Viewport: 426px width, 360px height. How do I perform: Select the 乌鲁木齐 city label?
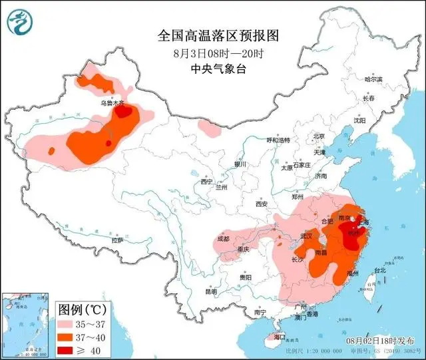pyautogui.click(x=112, y=103)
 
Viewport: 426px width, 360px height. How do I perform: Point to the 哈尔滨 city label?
pyautogui.click(x=373, y=79)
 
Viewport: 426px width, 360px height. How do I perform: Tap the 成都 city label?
pyautogui.click(x=223, y=238)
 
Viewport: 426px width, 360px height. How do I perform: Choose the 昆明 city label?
pyautogui.click(x=211, y=291)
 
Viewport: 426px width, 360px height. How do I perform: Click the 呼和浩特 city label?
pyautogui.click(x=278, y=140)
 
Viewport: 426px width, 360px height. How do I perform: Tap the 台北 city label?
pyautogui.click(x=379, y=271)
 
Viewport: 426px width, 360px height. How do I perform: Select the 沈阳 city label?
pyautogui.click(x=378, y=121)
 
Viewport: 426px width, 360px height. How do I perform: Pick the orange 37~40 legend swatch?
pyautogui.click(x=68, y=338)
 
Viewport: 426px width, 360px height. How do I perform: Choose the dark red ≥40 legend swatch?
pyautogui.click(x=68, y=349)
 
